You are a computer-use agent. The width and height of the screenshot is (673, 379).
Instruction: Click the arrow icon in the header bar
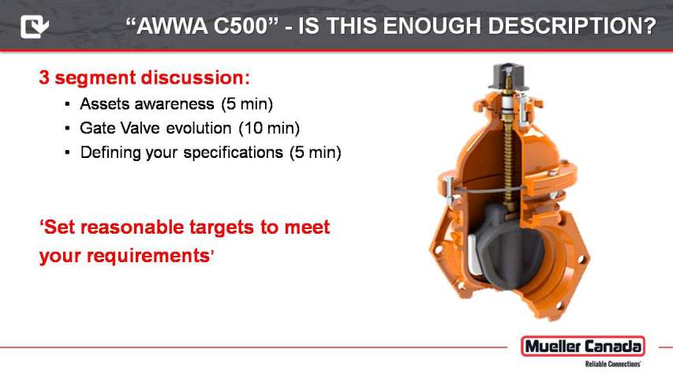(35, 26)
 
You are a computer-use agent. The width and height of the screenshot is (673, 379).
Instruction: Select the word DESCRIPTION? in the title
(572, 26)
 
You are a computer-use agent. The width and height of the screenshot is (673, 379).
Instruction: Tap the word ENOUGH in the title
(432, 26)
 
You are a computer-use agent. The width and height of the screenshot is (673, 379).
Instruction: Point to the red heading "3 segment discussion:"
(144, 78)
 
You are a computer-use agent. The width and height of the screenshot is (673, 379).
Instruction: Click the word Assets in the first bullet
(104, 104)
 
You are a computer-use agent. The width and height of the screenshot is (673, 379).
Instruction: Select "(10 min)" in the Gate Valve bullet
(269, 129)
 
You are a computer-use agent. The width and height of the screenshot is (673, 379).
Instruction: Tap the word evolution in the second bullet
(198, 128)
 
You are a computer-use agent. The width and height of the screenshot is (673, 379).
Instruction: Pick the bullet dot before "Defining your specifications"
(67, 152)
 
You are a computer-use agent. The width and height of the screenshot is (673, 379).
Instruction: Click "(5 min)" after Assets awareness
(247, 104)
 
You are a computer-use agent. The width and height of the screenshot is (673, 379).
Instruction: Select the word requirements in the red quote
(148, 256)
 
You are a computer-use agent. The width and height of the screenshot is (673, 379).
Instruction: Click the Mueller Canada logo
(583, 347)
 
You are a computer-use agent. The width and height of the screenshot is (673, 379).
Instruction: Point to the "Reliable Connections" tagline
(613, 364)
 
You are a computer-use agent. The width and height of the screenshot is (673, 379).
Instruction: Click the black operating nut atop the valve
(509, 76)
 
